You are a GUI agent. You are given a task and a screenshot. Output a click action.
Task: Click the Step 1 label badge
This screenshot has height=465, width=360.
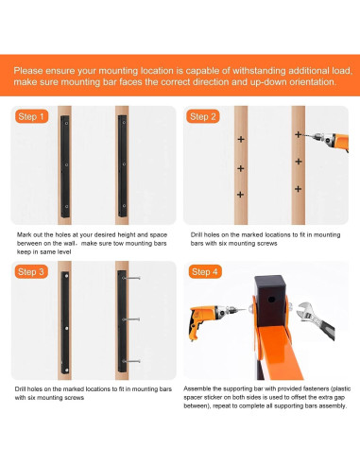coord(31,116)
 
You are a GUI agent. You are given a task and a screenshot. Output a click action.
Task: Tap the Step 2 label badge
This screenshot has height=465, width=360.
coord(203,116)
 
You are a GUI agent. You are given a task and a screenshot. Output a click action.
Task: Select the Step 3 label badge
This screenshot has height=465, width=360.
coord(31,271)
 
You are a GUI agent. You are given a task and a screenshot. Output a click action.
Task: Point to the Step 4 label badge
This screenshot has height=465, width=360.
coord(205,271)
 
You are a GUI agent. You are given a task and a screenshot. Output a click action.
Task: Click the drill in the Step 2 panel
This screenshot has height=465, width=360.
coord(328,139)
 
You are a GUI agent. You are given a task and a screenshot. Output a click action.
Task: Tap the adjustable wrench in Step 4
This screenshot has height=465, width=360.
coord(316,319)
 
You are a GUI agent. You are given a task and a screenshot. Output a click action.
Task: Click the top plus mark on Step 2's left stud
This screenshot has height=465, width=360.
coord(241,139)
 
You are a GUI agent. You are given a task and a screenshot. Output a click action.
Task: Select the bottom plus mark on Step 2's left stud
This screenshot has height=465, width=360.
coord(240,195)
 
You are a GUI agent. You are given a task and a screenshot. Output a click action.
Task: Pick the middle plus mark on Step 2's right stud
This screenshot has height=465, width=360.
coord(299,162)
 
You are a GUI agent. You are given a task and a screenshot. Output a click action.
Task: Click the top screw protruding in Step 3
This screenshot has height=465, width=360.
coord(131,278)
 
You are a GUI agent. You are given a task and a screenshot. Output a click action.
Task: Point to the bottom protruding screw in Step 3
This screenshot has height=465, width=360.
coord(131,361)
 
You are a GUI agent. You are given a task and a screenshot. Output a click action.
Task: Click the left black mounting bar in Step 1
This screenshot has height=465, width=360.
coord(65,166)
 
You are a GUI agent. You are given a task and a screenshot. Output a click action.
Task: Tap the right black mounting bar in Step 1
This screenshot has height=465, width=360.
coord(123,166)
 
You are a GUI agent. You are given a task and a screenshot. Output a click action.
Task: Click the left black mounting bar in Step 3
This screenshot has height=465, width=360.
coord(65,322)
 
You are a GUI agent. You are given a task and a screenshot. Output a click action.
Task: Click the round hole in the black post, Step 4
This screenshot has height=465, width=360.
coord(271,300)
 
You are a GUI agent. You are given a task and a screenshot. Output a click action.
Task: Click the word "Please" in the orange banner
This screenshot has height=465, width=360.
coord(27,71)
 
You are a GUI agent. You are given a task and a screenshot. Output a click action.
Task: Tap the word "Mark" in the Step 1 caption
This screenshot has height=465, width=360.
coord(24,234)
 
